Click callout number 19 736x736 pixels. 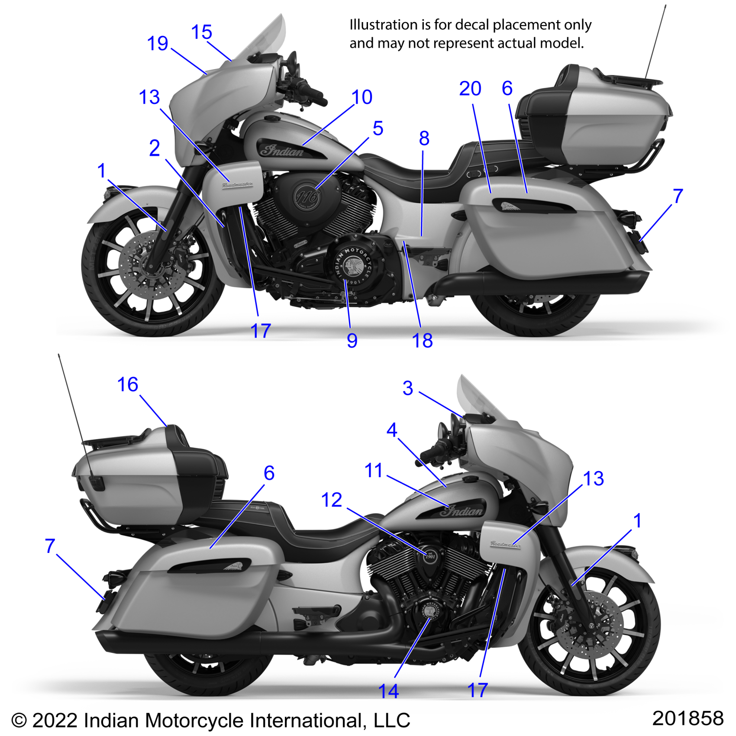click(x=158, y=44)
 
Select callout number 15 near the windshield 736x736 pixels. click(x=201, y=32)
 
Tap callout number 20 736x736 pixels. click(x=470, y=89)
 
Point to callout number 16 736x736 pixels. click(x=128, y=384)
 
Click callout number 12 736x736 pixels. click(x=332, y=500)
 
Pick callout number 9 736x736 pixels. click(x=352, y=341)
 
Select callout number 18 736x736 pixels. click(x=422, y=341)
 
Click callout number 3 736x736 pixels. click(x=407, y=388)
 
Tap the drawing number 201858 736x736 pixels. click(x=688, y=718)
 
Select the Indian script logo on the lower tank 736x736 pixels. click(x=462, y=511)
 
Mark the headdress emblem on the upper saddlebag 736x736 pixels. click(x=511, y=206)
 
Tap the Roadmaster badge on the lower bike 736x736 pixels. click(x=505, y=544)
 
